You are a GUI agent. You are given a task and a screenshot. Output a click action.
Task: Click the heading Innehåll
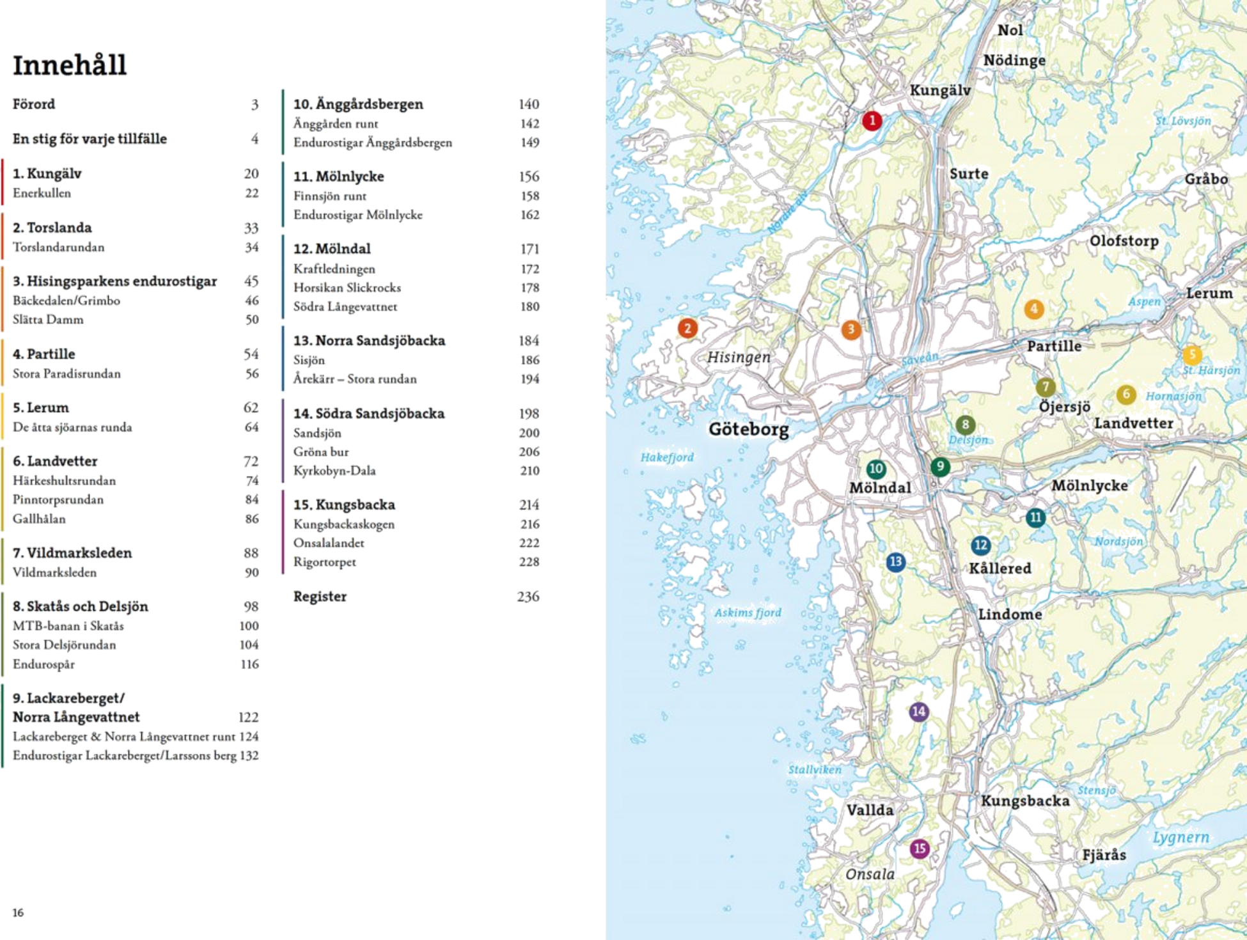[70, 65]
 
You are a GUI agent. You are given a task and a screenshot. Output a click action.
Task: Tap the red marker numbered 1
[872, 120]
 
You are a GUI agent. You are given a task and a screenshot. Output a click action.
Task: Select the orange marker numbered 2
[687, 328]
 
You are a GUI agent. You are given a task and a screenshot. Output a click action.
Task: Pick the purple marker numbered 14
[918, 711]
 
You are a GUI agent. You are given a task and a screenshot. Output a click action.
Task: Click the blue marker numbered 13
[896, 561]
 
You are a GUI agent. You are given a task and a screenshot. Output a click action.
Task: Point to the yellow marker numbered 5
[1191, 354]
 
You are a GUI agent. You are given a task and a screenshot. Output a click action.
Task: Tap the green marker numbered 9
[939, 466]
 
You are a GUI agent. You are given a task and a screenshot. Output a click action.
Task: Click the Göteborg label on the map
[748, 429]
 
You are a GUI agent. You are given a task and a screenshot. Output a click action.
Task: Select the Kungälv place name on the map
[940, 90]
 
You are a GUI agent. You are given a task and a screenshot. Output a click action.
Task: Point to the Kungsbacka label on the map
[1025, 801]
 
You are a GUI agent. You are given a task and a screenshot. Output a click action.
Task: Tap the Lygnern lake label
[1180, 837]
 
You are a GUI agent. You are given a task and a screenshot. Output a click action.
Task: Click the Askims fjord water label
[748, 613]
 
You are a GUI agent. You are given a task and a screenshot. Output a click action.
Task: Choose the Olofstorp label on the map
[1124, 241]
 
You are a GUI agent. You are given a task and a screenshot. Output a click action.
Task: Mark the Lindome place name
[1010, 615]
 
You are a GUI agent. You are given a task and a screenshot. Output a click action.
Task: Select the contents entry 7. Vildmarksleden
[72, 552]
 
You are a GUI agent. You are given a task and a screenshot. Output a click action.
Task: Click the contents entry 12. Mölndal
[332, 248]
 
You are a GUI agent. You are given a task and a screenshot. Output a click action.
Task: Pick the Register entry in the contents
[320, 596]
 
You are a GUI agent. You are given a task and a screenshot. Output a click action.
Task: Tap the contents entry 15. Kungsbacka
[344, 505]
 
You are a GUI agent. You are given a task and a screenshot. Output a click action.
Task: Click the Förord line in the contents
[34, 104]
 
